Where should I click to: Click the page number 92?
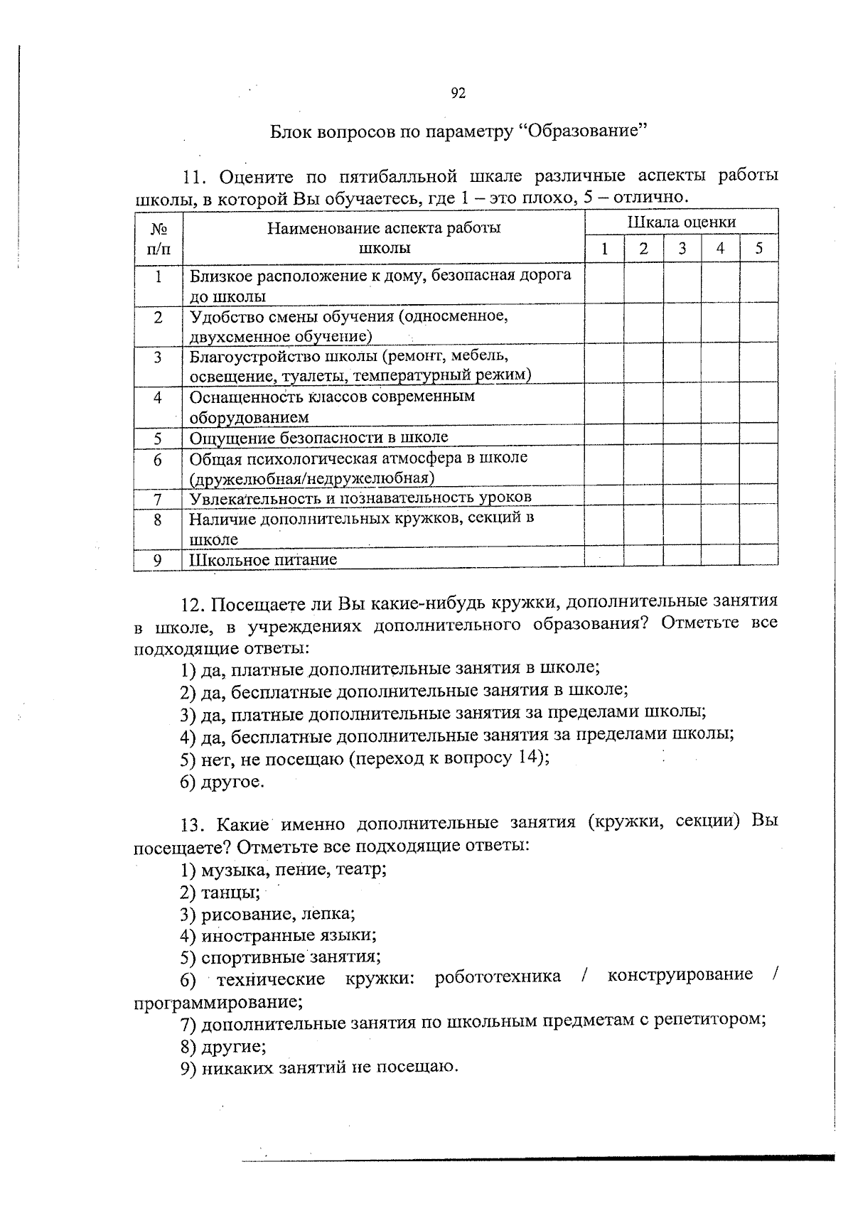[458, 93]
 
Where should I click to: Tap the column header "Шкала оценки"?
[681, 222]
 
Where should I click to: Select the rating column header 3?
[682, 249]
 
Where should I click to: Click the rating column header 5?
[758, 249]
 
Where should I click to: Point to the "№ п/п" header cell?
[159, 239]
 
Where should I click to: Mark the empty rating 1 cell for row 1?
[604, 284]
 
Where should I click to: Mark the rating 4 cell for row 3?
[720, 365]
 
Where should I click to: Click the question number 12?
[193, 605]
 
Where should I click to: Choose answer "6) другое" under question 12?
[222, 782]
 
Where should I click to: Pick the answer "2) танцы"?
[220, 893]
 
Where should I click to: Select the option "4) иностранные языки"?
[279, 936]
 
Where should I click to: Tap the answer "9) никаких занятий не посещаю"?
[319, 1067]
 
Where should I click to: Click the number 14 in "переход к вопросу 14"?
[527, 757]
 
